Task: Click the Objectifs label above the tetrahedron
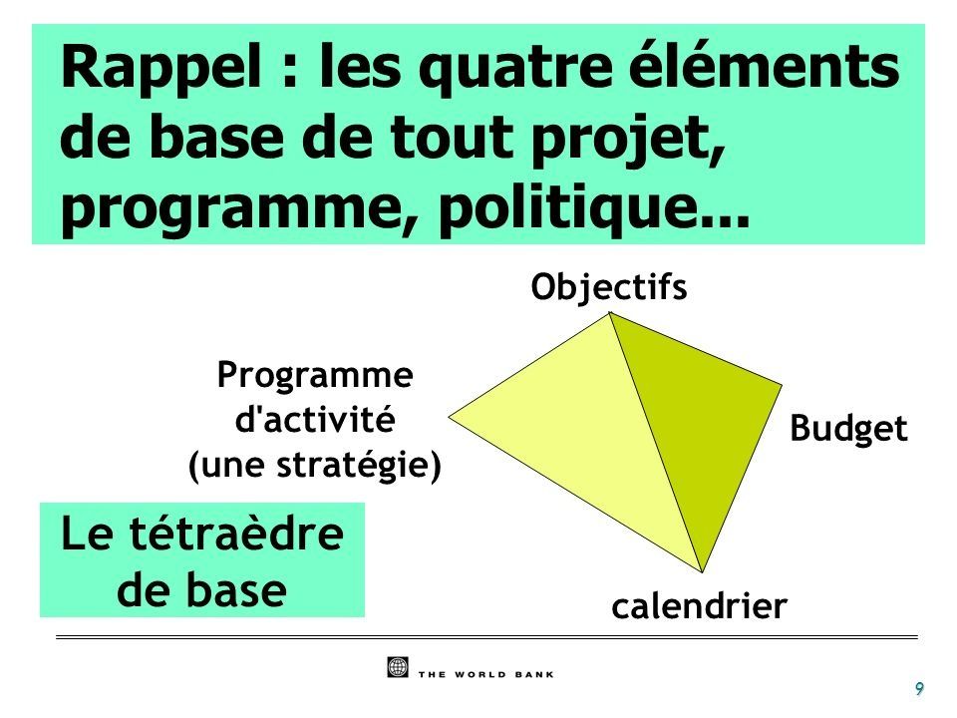pyautogui.click(x=608, y=286)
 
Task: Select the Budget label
pyautogui.click(x=848, y=429)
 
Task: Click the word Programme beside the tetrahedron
pyautogui.click(x=315, y=376)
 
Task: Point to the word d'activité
pyautogui.click(x=315, y=419)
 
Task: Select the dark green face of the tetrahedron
pyautogui.click(x=702, y=415)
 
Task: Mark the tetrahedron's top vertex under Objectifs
pyautogui.click(x=610, y=312)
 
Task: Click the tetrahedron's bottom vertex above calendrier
pyautogui.click(x=703, y=572)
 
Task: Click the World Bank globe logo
pyautogui.click(x=398, y=667)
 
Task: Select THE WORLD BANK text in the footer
pyautogui.click(x=485, y=675)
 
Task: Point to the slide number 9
pyautogui.click(x=919, y=689)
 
